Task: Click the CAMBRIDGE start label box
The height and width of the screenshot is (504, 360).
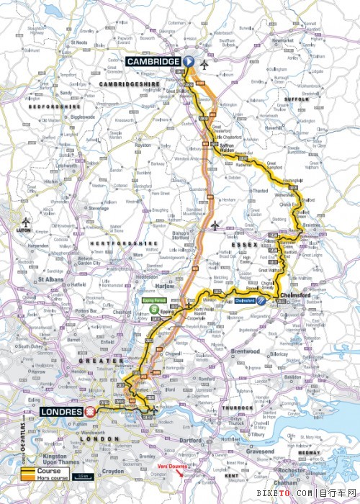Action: (153, 62)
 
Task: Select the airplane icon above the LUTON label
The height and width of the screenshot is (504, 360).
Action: (27, 222)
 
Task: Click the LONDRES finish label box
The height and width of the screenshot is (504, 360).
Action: (63, 412)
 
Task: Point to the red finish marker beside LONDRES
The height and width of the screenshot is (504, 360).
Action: (91, 412)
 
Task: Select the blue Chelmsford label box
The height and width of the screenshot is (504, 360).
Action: (247, 300)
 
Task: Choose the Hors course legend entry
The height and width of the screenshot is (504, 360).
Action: (54, 478)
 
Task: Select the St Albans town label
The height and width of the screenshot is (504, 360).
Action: (51, 279)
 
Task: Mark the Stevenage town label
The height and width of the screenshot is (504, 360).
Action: (98, 208)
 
